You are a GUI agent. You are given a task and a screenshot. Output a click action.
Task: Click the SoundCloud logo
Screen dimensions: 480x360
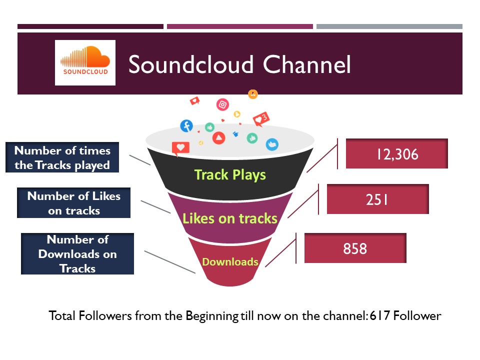[85, 62]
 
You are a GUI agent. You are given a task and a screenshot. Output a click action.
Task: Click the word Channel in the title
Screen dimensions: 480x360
[306, 64]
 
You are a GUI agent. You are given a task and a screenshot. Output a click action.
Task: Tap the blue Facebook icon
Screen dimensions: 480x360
[186, 126]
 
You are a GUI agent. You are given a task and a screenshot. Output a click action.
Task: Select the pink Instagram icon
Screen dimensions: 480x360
[222, 104]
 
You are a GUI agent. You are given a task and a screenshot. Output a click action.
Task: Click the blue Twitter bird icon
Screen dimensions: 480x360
[272, 144]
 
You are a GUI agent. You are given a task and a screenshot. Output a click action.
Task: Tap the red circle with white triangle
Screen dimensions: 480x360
[219, 138]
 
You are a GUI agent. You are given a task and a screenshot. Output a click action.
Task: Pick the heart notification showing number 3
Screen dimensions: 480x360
[261, 119]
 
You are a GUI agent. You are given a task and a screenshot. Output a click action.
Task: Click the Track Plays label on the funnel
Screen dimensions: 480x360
[230, 175]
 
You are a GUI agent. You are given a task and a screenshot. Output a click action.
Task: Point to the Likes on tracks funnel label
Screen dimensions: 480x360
[230, 218]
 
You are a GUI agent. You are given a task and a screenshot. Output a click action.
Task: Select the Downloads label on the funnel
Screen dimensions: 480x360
[230, 261]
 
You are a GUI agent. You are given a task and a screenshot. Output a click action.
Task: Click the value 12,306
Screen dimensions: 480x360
[396, 153]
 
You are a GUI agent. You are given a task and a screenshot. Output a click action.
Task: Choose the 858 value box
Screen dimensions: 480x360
[355, 248]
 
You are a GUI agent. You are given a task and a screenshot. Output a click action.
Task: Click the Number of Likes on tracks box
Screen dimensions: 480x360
[74, 202]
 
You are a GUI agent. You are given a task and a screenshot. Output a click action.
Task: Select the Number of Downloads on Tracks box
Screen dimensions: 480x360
[77, 254]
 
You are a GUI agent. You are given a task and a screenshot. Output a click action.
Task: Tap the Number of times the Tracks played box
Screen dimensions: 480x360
[62, 157]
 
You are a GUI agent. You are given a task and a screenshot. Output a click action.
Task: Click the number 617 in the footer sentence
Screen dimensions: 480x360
[379, 315]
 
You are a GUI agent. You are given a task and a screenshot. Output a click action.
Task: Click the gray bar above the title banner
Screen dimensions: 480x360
[389, 26]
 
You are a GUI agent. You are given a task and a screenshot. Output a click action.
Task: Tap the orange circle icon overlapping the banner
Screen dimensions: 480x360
[253, 94]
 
